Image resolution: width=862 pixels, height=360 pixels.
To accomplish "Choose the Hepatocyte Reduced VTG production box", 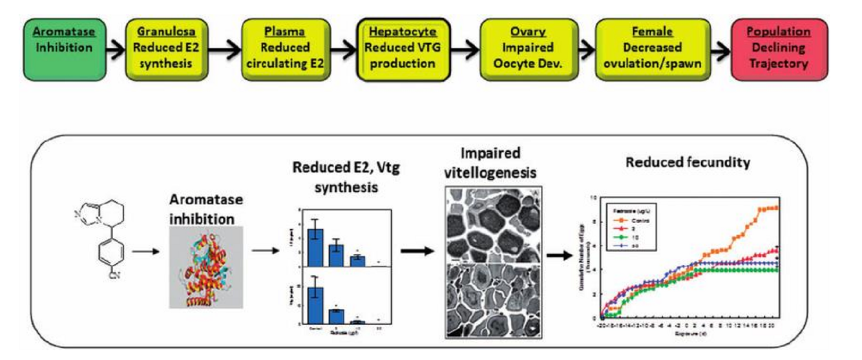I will (x=399, y=48).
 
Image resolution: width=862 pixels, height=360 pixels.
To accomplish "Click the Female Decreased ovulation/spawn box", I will (x=648, y=48).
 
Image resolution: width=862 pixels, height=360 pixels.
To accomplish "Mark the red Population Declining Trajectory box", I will (x=769, y=48).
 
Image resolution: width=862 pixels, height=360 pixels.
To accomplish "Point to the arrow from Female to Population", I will (x=716, y=48).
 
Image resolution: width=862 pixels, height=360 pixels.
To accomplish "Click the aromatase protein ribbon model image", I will (x=205, y=266).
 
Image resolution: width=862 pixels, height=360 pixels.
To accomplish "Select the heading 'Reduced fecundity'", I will (x=688, y=163).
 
